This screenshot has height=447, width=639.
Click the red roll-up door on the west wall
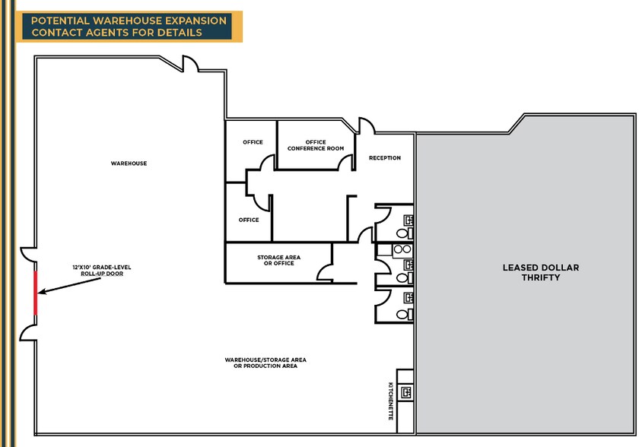(35, 293)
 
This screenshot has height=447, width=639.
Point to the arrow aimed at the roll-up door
(69, 286)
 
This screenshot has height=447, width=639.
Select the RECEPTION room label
(384, 158)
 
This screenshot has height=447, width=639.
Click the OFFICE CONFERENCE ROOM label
(315, 145)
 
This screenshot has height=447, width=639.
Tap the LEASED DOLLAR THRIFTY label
(531, 273)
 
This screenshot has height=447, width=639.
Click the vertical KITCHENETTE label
(391, 402)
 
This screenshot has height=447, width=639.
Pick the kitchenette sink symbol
(406, 393)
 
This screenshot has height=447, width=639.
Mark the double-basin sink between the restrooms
(403, 249)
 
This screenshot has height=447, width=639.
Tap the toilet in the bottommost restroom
(409, 312)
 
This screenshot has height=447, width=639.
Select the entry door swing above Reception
(367, 125)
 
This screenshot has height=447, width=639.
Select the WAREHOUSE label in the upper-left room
(129, 163)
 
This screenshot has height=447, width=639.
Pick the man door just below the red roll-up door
(27, 329)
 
